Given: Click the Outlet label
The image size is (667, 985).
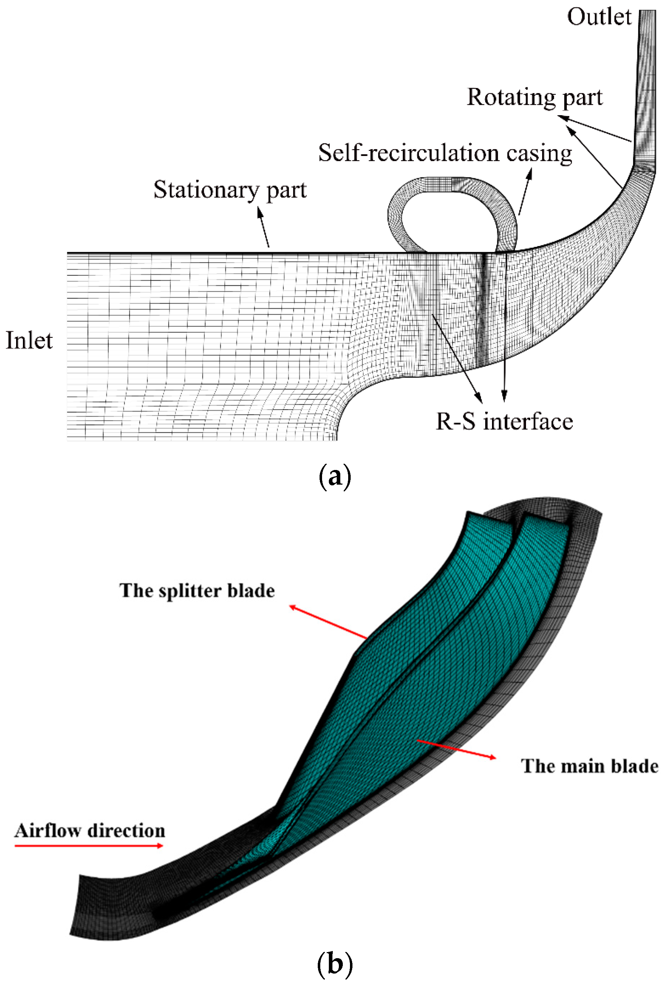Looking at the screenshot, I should (x=599, y=18).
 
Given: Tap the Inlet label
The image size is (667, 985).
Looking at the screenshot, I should (x=29, y=341).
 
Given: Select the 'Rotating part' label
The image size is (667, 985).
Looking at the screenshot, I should (x=534, y=98).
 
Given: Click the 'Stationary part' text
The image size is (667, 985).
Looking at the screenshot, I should (x=229, y=190).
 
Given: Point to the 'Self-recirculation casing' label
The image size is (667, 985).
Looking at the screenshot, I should (x=445, y=153).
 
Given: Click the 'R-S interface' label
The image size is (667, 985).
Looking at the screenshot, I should (x=504, y=422).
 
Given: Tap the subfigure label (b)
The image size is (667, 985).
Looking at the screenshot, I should (x=334, y=965).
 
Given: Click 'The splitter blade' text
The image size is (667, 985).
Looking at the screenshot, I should (x=197, y=591).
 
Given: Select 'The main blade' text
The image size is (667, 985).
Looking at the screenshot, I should (x=589, y=766).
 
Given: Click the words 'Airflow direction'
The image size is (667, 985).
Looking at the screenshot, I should (x=89, y=831).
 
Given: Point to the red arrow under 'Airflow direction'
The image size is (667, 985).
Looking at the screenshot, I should (x=89, y=846).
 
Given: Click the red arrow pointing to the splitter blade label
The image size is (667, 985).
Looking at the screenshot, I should (x=327, y=622).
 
